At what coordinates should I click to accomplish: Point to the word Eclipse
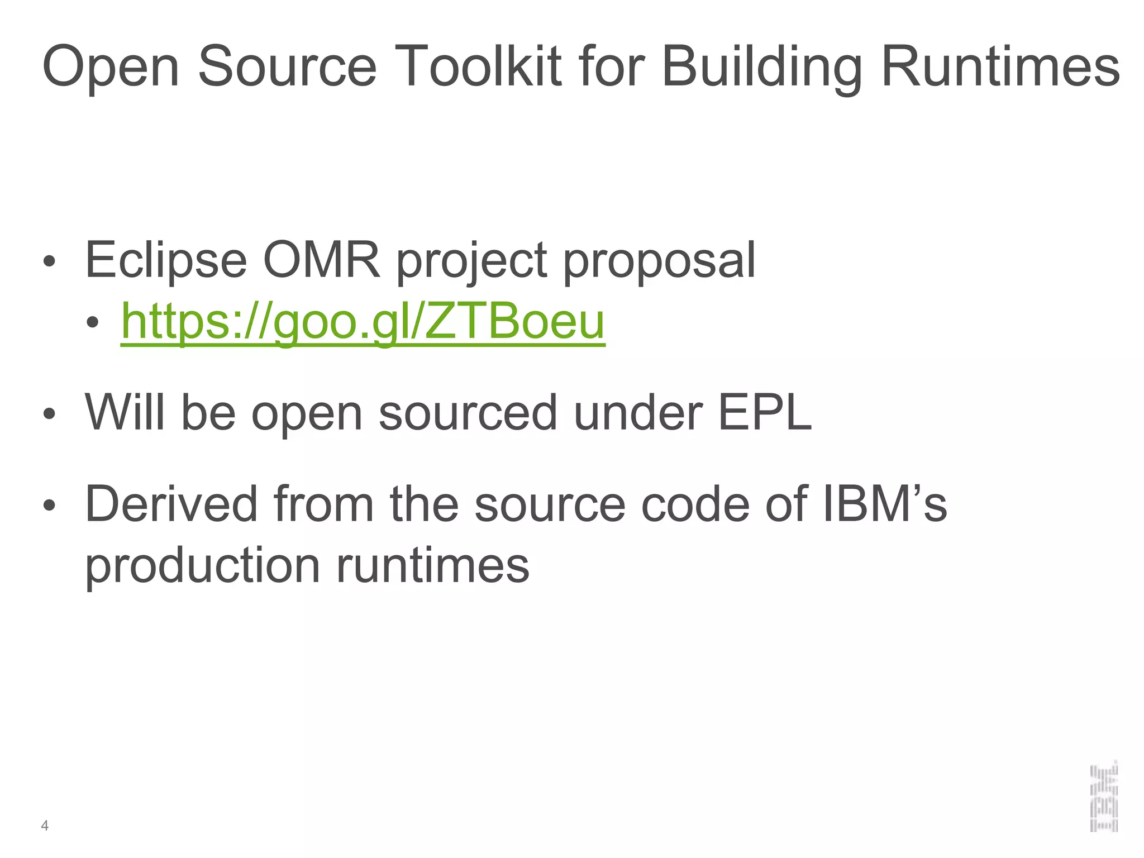(166, 260)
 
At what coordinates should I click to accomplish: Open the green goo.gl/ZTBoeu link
(363, 322)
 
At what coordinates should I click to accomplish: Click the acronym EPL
(764, 412)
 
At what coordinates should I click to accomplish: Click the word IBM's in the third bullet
(885, 504)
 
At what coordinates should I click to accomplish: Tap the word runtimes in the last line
(432, 565)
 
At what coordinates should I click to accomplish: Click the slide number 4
(45, 826)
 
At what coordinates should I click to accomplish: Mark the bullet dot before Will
(49, 414)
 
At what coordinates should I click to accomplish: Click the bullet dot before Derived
(49, 505)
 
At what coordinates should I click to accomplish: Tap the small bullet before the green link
(92, 322)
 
